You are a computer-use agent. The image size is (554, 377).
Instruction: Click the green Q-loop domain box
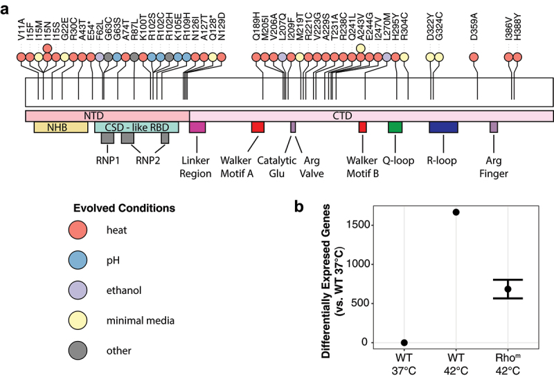[x=395, y=127]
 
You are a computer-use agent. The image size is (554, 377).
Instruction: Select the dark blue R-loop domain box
[x=443, y=127]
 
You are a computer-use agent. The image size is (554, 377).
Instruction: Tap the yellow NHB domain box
[x=61, y=127]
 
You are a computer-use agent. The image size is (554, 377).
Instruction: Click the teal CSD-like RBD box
[x=136, y=127]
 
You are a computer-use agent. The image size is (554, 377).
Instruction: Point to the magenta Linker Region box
[x=197, y=127]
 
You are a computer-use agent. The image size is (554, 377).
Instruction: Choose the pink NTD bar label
[x=107, y=115]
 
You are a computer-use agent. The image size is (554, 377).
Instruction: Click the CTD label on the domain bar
[x=370, y=115]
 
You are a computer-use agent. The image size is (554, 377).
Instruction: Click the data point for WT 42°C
[x=456, y=212]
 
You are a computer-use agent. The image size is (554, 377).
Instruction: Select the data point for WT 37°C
[x=404, y=342]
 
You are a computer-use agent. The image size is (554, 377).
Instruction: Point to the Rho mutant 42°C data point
[x=508, y=289]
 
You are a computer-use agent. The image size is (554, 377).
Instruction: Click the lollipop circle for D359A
[x=474, y=57]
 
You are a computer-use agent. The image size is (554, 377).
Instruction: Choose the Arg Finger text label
[x=493, y=167]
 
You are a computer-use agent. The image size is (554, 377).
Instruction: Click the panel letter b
[x=298, y=205]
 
